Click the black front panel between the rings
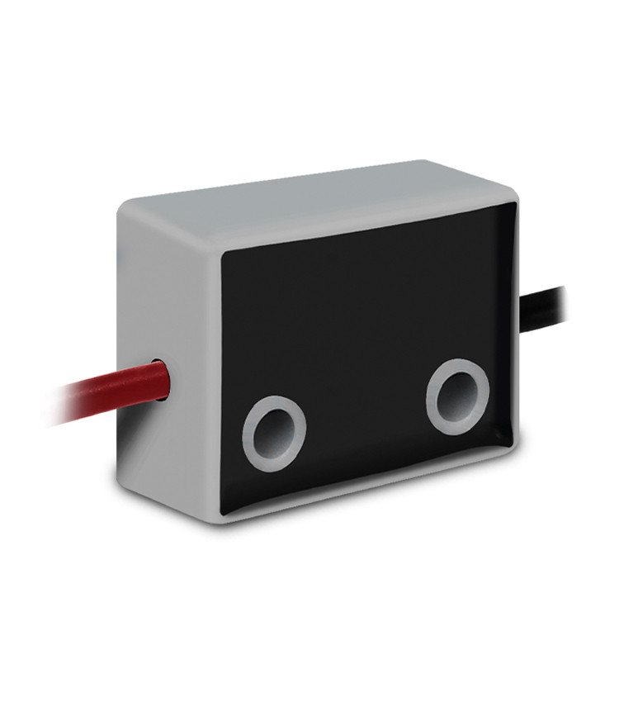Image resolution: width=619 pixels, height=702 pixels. [x=363, y=413]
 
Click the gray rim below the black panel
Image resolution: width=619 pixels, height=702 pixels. [x=371, y=494]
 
